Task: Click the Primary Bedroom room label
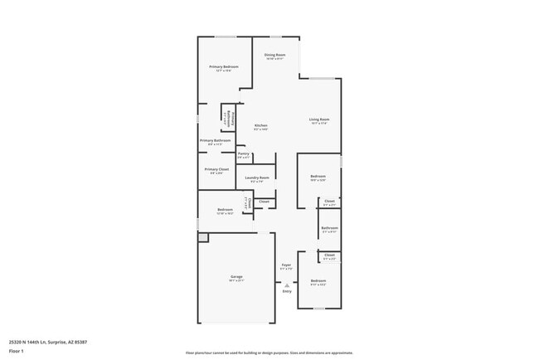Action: click(x=224, y=66)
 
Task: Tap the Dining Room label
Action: click(x=274, y=55)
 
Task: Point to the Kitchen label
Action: click(x=260, y=125)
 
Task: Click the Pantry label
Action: click(x=243, y=153)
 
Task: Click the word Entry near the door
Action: click(x=287, y=291)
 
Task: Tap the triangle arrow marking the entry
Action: click(x=287, y=285)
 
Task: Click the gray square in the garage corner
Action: click(x=202, y=237)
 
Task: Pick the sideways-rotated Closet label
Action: click(x=246, y=202)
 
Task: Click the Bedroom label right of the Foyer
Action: click(x=318, y=281)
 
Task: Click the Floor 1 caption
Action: click(x=17, y=351)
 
